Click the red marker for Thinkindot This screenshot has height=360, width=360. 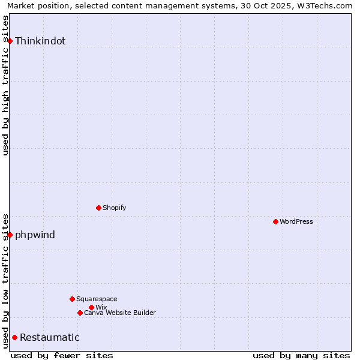click(10, 41)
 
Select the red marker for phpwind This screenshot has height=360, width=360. click(10, 235)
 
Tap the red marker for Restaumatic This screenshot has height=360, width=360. click(14, 337)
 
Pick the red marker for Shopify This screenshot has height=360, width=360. click(98, 208)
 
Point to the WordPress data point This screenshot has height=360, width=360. click(275, 221)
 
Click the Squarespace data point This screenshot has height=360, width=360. click(72, 299)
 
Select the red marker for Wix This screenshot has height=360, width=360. click(91, 307)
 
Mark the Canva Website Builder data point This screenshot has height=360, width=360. click(80, 313)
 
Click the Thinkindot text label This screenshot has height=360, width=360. click(40, 41)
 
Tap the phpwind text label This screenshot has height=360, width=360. click(35, 235)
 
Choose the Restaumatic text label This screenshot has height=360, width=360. click(49, 337)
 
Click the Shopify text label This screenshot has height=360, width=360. click(114, 208)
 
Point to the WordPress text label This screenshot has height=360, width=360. click(296, 221)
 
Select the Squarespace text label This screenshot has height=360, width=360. click(97, 299)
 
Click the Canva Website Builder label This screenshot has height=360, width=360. click(119, 313)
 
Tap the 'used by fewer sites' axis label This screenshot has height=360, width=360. click(62, 355)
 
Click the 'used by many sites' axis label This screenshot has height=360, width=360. click(301, 355)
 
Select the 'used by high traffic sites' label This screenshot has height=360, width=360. click(5, 85)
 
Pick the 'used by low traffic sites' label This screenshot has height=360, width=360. click(5, 280)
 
